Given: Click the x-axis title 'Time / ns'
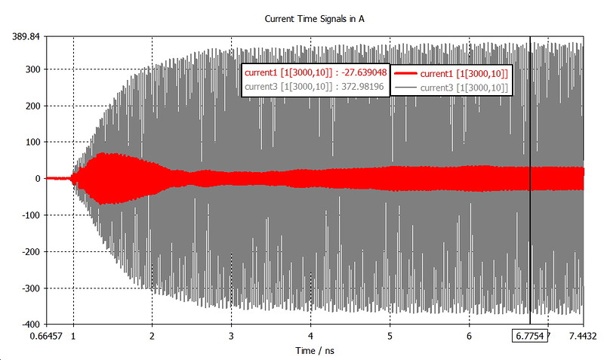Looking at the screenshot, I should coord(310,351).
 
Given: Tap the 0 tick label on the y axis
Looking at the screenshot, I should coord(36,179).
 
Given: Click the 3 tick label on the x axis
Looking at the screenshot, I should coord(232,336).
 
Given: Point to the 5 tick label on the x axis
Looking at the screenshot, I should coord(390,336).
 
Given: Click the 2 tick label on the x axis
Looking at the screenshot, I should coord(153,336).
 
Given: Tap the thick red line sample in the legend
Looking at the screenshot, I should coord(405,73).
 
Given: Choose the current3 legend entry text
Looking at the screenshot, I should coord(462,88).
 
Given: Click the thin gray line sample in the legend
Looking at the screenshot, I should coord(405,88).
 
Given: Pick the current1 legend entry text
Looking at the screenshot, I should coord(462,73).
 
